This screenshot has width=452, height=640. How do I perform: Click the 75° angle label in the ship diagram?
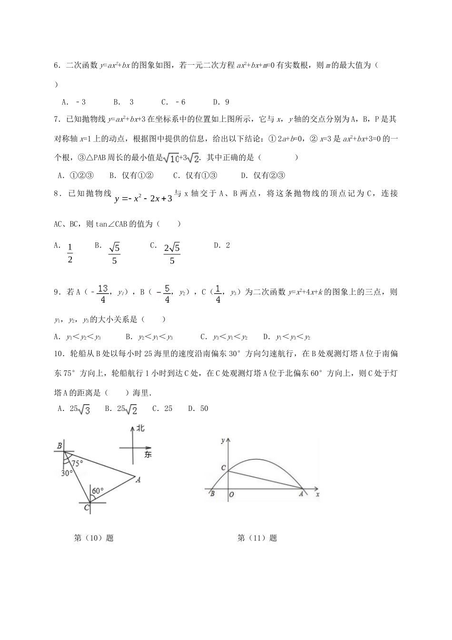pyautogui.click(x=77, y=462)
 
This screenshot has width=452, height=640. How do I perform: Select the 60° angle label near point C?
pyautogui.click(x=98, y=490)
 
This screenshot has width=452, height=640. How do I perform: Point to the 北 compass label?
pyautogui.click(x=140, y=428)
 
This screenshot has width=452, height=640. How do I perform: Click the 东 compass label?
pyautogui.click(x=147, y=455)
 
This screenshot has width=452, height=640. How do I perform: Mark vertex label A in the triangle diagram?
pyautogui.click(x=138, y=480)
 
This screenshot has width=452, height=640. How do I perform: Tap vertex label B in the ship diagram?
pyautogui.click(x=59, y=446)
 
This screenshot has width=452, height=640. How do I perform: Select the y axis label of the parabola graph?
pyautogui.click(x=223, y=441)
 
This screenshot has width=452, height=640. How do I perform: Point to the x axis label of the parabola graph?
pyautogui.click(x=317, y=495)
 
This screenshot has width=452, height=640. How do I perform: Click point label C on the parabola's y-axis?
pyautogui.click(x=223, y=468)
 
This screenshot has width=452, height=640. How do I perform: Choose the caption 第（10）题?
pyautogui.click(x=94, y=538)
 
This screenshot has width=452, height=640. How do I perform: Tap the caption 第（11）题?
pyautogui.click(x=257, y=538)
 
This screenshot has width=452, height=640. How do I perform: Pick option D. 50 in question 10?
pyautogui.click(x=198, y=409)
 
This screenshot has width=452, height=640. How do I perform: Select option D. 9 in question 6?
pyautogui.click(x=221, y=102)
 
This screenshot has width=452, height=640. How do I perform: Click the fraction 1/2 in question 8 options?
pyautogui.click(x=69, y=253)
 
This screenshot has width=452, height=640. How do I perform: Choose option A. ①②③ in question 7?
pyautogui.click(x=75, y=175)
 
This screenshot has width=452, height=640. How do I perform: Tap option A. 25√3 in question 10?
pyautogui.click(x=74, y=409)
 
